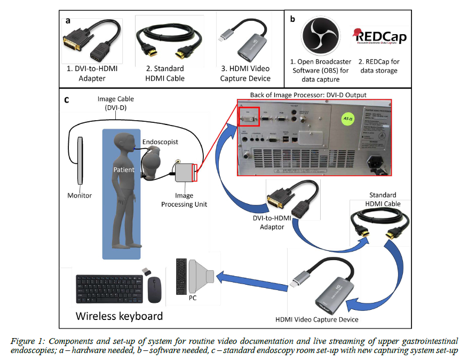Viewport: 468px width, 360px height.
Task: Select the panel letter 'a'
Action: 68,20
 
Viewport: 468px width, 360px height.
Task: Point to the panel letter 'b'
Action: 292,19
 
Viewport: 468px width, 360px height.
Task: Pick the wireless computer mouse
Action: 155,289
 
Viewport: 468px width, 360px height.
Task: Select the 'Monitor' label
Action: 80,196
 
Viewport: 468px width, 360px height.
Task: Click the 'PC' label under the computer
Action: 193,297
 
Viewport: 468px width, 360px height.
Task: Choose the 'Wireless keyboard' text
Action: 119,316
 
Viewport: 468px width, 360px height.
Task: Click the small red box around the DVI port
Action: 248,117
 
